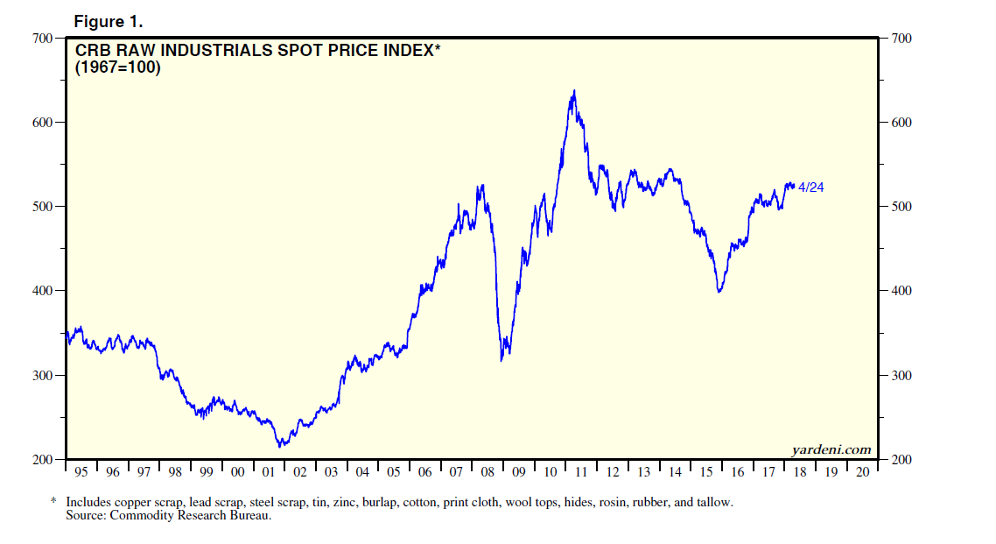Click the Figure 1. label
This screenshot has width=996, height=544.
tap(107, 21)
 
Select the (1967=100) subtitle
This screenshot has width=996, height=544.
tap(117, 67)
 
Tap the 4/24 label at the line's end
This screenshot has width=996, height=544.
tap(810, 187)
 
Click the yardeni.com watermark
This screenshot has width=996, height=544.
tap(831, 449)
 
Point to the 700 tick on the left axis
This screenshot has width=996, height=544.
tap(42, 38)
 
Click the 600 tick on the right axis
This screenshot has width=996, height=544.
tap(901, 122)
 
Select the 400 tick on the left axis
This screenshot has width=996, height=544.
tap(42, 291)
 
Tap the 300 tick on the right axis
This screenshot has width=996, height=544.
tap(901, 375)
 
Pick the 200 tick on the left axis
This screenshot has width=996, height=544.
tap(42, 459)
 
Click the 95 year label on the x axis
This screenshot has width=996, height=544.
tap(81, 472)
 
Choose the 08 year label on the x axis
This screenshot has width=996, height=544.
tap(487, 472)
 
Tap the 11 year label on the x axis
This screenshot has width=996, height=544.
tap(581, 472)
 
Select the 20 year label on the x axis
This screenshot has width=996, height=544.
tap(862, 472)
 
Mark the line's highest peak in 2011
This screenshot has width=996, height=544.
tap(574, 90)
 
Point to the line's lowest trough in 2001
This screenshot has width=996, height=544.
tap(280, 446)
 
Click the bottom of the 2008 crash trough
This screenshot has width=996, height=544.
tap(502, 360)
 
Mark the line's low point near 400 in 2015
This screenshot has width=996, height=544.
tap(719, 292)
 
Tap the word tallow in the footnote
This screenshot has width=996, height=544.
tap(715, 502)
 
